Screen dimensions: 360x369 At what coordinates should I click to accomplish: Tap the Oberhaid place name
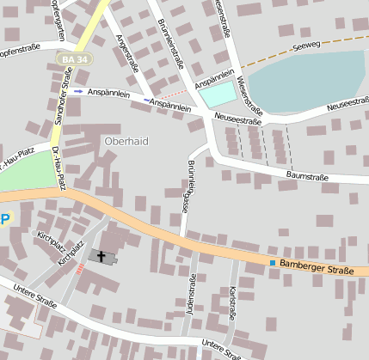click(126, 140)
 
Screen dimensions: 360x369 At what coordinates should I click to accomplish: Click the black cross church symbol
click(102, 256)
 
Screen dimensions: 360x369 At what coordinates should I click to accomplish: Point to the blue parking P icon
click(4, 218)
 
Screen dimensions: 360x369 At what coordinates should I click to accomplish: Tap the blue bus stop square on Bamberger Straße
click(273, 263)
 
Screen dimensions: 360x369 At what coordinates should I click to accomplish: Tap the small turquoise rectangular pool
click(218, 93)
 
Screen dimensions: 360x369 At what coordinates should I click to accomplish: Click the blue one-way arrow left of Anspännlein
click(78, 90)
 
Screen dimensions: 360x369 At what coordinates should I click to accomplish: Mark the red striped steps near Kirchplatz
click(80, 269)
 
